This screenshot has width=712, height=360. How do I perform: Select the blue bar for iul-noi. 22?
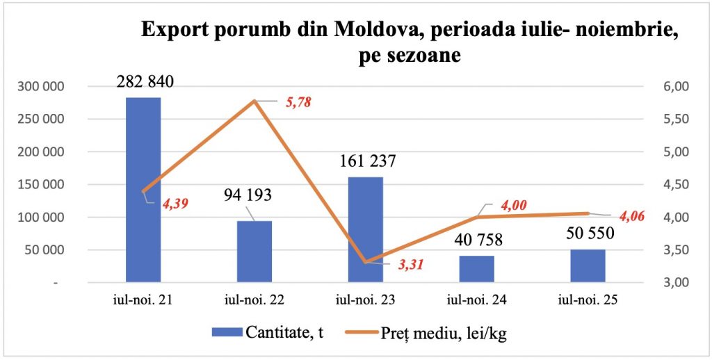[254, 252]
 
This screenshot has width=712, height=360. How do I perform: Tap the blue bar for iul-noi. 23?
[366, 229]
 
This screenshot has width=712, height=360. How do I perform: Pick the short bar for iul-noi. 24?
[477, 269]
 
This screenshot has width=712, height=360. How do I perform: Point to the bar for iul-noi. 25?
[588, 265]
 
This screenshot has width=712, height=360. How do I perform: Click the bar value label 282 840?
[144, 81]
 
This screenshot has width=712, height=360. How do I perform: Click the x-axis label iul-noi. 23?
[365, 302]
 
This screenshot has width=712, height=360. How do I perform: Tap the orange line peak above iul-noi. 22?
[254, 101]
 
